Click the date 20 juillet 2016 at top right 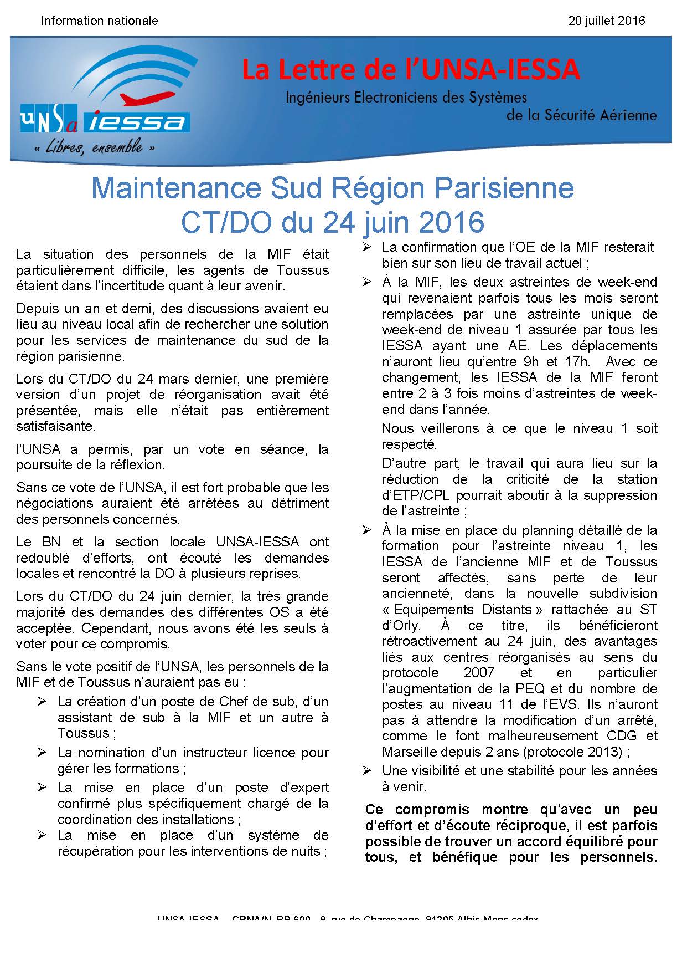(x=607, y=21)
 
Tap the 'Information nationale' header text (x=100, y=21)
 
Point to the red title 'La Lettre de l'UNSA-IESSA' (x=411, y=70)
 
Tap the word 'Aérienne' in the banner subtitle (x=625, y=115)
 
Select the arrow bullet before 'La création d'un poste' (x=42, y=702)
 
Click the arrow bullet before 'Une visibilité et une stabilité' (x=366, y=770)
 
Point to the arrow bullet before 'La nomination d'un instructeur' (x=42, y=753)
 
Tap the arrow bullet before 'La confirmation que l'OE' (x=366, y=248)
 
